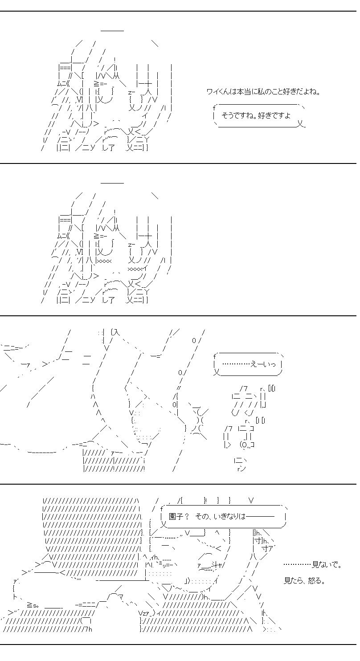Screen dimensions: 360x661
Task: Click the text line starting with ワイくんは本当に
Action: coord(263,92)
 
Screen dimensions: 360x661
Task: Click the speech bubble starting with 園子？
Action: coord(224,516)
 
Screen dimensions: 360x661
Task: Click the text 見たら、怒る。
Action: coord(304,581)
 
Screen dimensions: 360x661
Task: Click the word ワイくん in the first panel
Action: coord(218,92)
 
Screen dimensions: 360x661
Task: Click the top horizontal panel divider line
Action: coord(178,11)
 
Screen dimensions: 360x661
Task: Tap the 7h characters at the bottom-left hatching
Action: coord(88,629)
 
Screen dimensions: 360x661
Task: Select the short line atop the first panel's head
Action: coord(112,30)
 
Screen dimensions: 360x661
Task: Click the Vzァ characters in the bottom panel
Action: coord(146,613)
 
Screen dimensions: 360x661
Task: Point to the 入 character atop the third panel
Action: coord(116,332)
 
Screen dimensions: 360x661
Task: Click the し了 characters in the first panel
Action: coord(108,147)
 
